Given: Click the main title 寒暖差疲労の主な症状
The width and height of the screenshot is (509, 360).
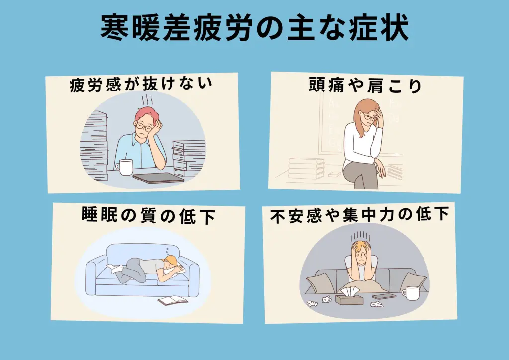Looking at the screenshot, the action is point(254,27).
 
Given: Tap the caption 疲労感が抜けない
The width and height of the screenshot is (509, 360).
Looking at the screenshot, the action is point(141,85).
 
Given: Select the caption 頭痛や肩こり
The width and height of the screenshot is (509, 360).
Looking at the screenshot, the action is point(365,85).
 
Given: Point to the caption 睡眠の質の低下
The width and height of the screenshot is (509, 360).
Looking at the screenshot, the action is point(148,215).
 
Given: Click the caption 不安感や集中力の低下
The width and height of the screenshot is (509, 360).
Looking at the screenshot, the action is point(360,215).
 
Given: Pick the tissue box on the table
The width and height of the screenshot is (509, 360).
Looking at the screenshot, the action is point(349,297).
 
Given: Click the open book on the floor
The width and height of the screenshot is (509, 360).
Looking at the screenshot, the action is point(172,300).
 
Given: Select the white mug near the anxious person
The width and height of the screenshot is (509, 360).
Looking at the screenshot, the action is point(410,293).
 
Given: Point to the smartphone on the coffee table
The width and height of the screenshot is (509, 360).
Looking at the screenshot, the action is point(384,296).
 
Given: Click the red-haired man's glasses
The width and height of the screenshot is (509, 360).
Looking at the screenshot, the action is point(144,126).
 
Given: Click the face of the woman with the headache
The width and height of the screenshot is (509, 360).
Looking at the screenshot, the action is point(370,118).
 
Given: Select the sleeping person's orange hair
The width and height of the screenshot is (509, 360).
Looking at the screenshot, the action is point(171,261).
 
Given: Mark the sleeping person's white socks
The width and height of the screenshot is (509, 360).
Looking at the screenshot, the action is point(115,269).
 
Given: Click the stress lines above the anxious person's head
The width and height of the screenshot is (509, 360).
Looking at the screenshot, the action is point(361,236).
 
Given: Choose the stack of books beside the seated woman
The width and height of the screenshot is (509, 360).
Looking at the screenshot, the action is point(306,168).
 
